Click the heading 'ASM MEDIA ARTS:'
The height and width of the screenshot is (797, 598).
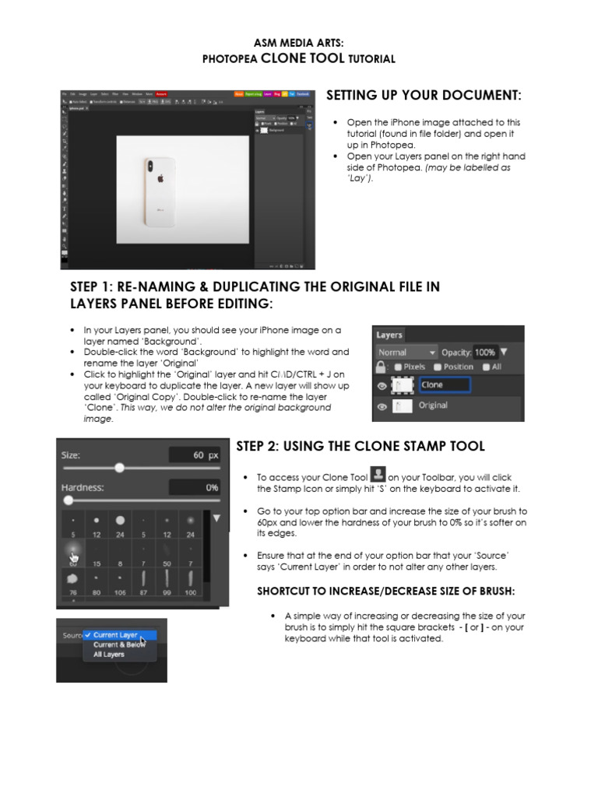point(299,44)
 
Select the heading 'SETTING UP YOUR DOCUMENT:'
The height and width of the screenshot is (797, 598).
point(424,95)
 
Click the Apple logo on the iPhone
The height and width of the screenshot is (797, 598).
point(160,177)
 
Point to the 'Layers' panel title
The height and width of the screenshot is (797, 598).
point(389,335)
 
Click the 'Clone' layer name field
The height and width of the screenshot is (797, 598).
point(444,384)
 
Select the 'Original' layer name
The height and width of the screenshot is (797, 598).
point(433,406)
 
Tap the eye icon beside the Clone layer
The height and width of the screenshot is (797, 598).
point(382,385)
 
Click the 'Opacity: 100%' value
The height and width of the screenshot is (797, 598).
point(484,352)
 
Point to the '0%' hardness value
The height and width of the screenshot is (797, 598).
point(212,488)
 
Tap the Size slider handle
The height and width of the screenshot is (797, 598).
point(119,467)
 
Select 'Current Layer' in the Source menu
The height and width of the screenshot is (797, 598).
point(116,635)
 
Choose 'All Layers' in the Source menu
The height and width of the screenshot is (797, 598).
point(109,655)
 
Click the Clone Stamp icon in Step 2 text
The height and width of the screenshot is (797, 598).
point(377,474)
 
